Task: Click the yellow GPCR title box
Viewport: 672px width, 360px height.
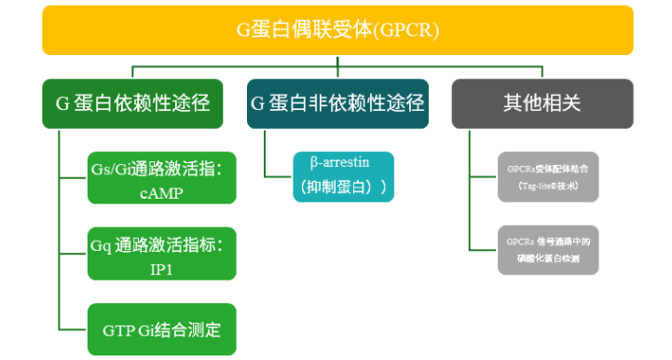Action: [336, 30]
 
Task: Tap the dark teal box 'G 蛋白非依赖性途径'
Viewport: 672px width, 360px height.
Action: [336, 104]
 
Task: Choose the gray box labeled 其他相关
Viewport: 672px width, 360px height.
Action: [542, 104]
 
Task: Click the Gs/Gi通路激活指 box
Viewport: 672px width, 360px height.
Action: [159, 176]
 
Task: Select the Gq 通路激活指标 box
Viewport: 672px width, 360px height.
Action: [159, 252]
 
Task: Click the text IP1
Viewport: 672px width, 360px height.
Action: [160, 269]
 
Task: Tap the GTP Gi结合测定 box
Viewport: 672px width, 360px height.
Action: [159, 328]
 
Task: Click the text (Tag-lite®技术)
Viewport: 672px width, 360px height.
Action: [548, 186]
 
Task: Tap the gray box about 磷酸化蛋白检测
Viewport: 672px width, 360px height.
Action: [548, 248]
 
